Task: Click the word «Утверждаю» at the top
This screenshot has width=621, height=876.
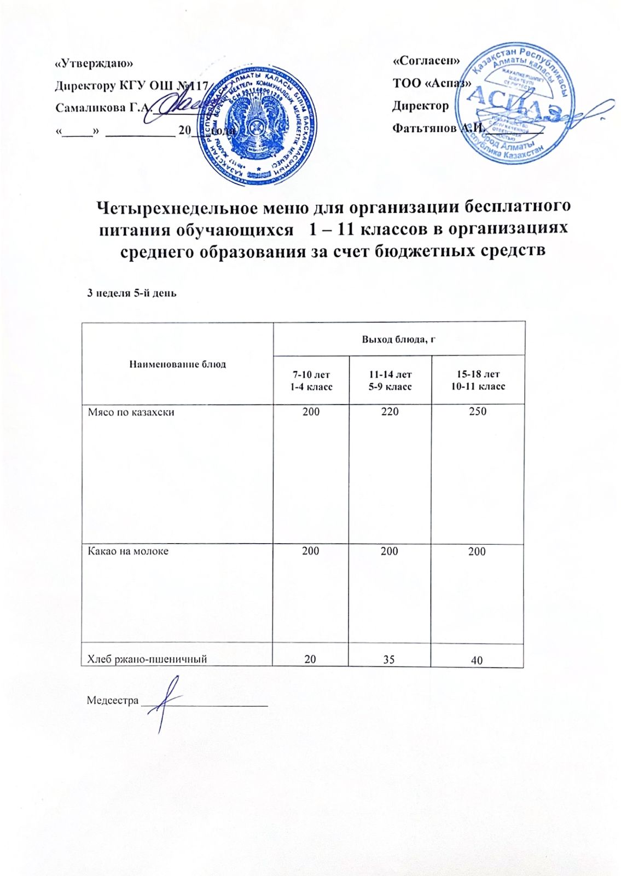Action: tap(94, 64)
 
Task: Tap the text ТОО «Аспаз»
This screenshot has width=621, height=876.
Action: tap(432, 83)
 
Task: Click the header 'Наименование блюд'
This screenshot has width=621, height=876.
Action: tap(177, 364)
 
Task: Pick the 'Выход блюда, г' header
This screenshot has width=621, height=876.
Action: tap(398, 339)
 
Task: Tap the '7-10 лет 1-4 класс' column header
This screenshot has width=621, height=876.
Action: tap(311, 381)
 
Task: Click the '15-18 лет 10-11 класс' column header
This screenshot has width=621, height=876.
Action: tap(478, 381)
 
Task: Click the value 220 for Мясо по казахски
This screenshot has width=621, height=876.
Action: tap(390, 412)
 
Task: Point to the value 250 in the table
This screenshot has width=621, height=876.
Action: tap(477, 412)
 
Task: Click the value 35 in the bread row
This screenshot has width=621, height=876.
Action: tap(389, 660)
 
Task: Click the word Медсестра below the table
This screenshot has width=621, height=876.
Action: tap(113, 700)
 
